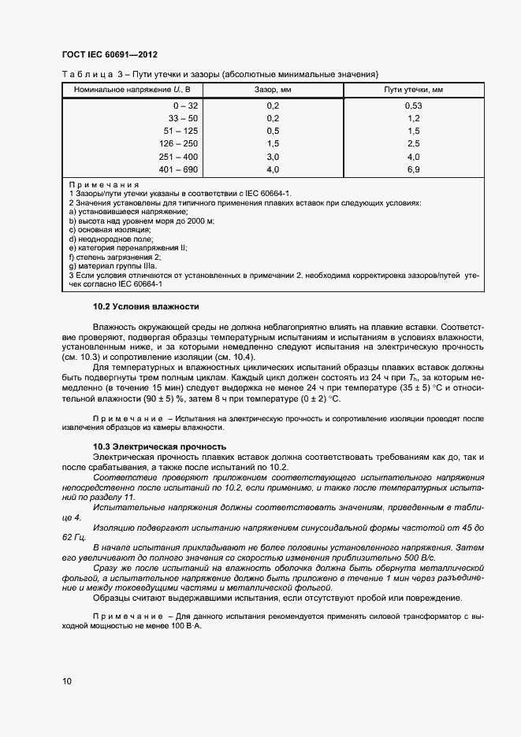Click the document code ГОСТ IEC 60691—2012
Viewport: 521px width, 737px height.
pos(110,55)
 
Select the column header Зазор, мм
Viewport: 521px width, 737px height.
pos(273,91)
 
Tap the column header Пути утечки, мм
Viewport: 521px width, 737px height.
pos(413,91)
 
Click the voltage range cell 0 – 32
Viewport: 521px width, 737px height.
pos(187,105)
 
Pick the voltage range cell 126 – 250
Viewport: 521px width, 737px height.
pos(181,143)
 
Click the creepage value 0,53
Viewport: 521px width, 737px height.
pos(413,105)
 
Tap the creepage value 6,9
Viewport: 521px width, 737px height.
pos(413,169)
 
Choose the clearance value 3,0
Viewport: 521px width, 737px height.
pos(273,157)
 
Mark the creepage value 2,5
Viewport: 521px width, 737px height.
pos(413,143)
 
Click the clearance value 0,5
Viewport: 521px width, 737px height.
pos(273,131)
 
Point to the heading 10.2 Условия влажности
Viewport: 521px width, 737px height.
pos(146,306)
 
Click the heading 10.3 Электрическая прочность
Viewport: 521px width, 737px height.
pos(159,446)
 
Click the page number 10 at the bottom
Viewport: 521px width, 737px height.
pos(66,680)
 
